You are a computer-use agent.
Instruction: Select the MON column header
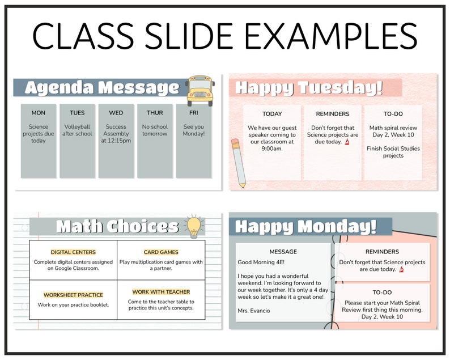[x=39, y=113]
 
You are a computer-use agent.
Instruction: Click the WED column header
[x=116, y=113]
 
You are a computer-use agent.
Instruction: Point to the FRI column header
[x=193, y=113]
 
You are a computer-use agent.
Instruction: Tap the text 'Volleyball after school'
[x=77, y=130]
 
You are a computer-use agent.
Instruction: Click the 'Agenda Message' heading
[x=102, y=88]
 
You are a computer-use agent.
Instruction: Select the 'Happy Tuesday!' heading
[x=309, y=88]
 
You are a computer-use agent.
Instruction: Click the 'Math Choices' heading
[x=118, y=227]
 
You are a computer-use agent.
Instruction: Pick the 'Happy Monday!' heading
[x=306, y=227]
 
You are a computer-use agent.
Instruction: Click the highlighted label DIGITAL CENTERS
[x=73, y=252]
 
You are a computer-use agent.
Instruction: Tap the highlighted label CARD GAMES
[x=161, y=252]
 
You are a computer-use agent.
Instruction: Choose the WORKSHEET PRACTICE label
[x=73, y=295]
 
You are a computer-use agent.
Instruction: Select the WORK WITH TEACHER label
[x=161, y=292]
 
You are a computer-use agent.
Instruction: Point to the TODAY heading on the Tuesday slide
[x=272, y=114]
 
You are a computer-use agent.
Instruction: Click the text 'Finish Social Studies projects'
[x=393, y=152]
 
